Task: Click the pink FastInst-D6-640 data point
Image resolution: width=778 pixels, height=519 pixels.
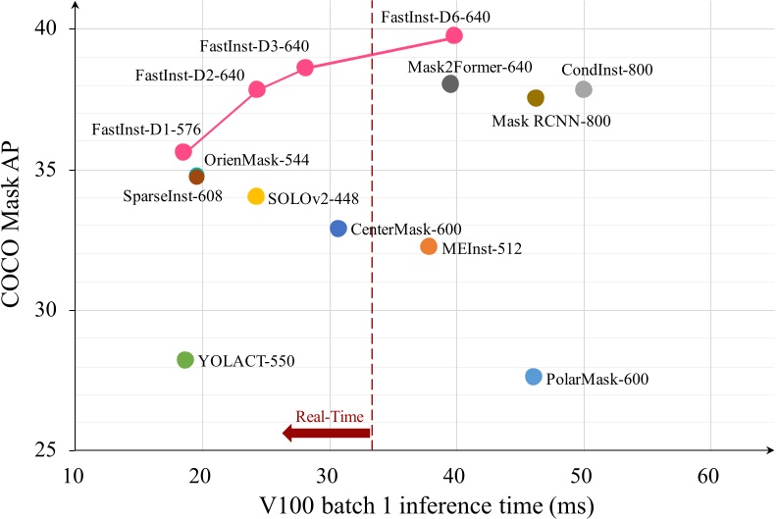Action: click(454, 35)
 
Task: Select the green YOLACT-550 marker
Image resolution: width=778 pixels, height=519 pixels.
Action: click(185, 360)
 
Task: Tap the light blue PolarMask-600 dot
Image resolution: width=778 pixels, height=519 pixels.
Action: click(534, 377)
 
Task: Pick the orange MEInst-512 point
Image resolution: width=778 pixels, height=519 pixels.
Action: click(429, 246)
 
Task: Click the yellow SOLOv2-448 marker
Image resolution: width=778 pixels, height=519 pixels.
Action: click(256, 196)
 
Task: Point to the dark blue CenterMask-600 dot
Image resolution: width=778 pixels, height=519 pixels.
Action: click(338, 228)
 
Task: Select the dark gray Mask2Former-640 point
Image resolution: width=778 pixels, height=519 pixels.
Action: click(451, 83)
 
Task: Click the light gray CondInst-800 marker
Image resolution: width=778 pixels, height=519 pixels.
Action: click(584, 89)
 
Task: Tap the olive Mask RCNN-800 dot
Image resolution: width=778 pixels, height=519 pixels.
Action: click(536, 97)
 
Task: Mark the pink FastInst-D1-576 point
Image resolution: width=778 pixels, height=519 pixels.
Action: click(183, 152)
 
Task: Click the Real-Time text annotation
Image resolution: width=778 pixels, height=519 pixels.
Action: click(325, 417)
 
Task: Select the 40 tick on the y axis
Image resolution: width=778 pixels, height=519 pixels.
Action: click(49, 29)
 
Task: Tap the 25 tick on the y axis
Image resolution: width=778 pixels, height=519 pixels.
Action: click(49, 451)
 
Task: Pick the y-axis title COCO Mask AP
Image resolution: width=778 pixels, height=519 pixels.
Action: click(17, 238)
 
